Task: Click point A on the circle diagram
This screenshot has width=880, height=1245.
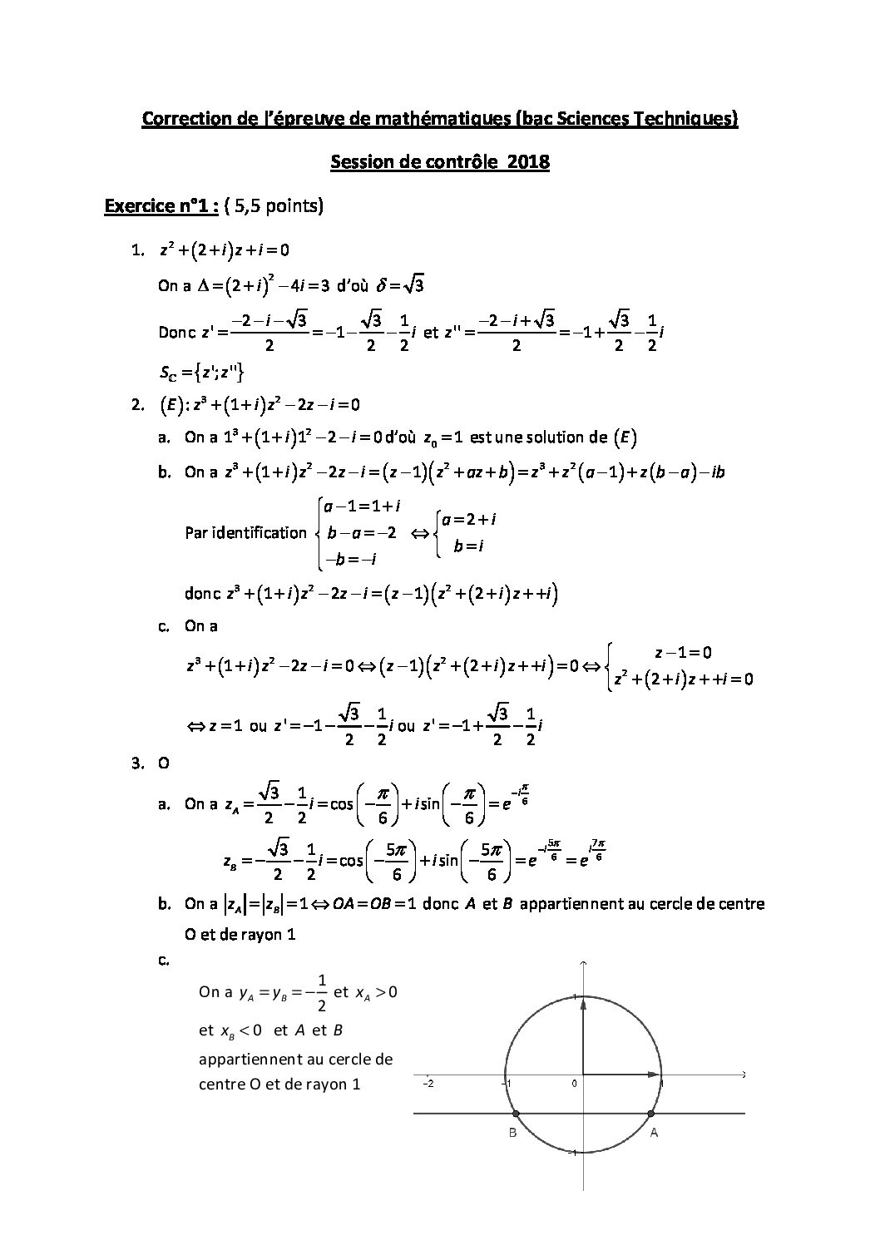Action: [650, 1114]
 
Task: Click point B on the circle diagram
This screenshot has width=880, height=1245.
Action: [516, 1114]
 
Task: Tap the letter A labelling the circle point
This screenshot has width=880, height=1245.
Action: [655, 1133]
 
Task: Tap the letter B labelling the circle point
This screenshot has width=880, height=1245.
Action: [512, 1133]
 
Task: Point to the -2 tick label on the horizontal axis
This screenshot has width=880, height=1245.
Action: [428, 1084]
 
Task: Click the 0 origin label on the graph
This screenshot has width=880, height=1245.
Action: [574, 1084]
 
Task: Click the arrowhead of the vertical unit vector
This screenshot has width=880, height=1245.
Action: [583, 1005]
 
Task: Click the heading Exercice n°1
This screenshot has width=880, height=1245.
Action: [161, 205]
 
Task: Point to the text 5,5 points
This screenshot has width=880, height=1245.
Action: [278, 205]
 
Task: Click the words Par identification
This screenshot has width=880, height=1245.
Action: [245, 532]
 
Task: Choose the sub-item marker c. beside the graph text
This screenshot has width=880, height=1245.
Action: [164, 961]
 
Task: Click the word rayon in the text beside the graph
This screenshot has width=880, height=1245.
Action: [319, 1084]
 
